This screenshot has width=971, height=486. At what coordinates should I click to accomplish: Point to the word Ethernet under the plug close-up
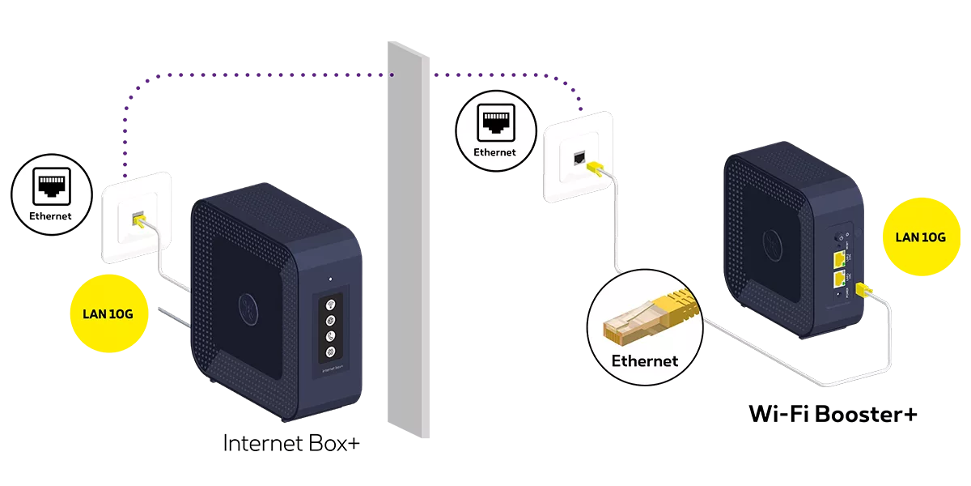[x=644, y=361]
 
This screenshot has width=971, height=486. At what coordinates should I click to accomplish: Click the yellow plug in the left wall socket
[x=138, y=220]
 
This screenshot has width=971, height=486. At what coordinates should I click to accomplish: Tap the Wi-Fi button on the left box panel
[x=330, y=305]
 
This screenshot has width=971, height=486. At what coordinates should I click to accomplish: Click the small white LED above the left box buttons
[x=330, y=280]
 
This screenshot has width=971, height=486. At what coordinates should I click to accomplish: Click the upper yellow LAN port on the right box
[x=838, y=259]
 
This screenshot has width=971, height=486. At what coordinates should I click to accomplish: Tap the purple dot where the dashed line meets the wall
[x=392, y=75]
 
